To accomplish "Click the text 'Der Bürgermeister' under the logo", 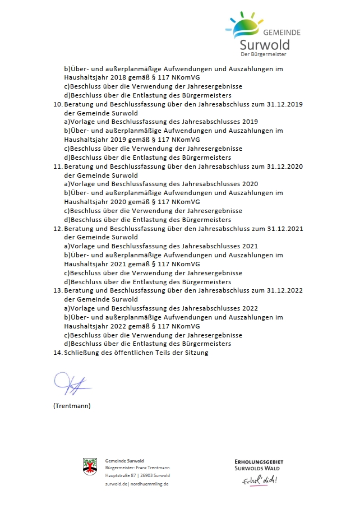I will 263,54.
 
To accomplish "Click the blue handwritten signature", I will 72,384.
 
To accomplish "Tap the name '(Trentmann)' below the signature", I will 72,406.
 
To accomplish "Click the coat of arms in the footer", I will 90,466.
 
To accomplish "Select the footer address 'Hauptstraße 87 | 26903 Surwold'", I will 138,475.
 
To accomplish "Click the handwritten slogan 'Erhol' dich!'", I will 260,481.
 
